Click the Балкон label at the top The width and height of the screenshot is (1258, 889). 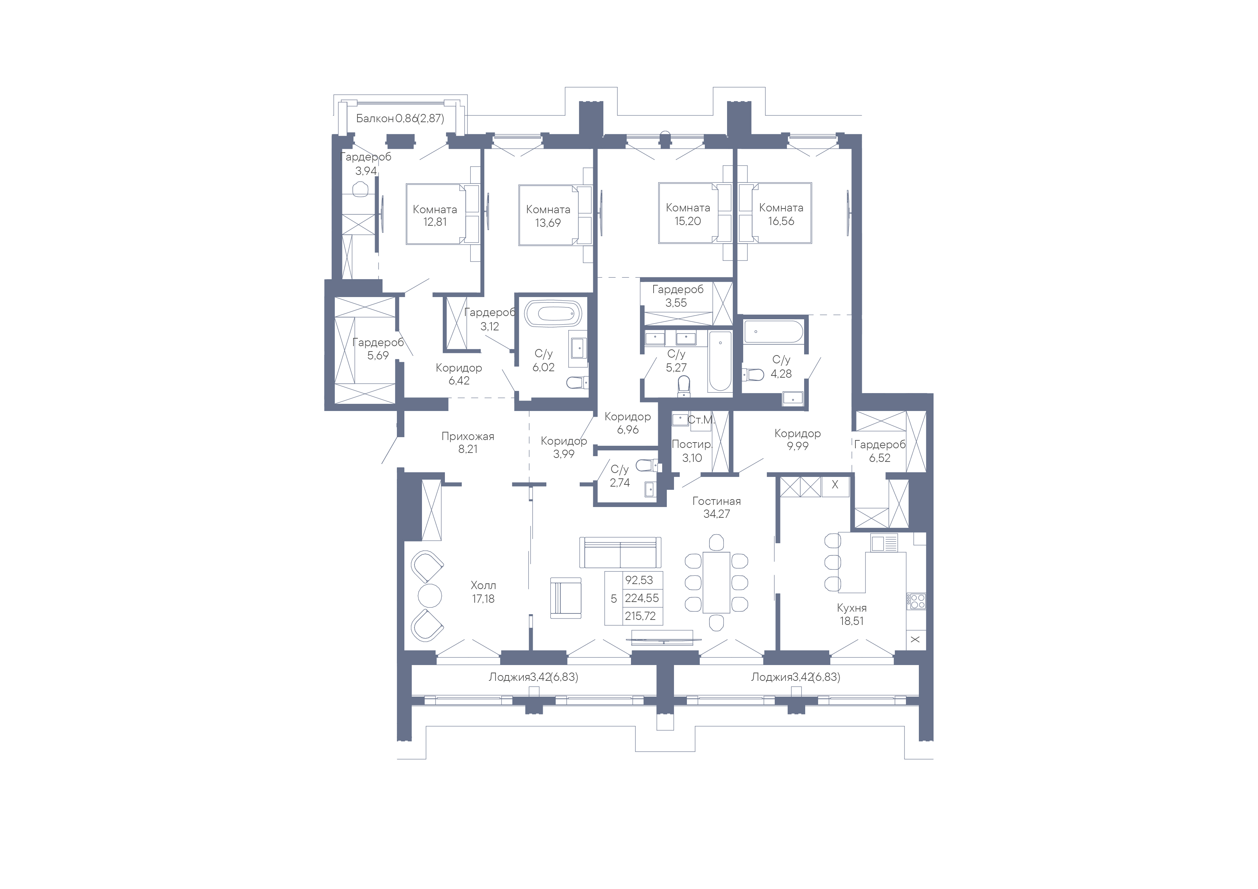[x=375, y=118]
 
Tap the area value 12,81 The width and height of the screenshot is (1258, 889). [x=435, y=222]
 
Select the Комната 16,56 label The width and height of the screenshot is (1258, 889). [x=781, y=214]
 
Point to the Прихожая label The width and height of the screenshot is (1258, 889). [x=468, y=436]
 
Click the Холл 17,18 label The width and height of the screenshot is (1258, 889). [x=483, y=592]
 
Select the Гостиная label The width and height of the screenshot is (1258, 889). [x=717, y=501]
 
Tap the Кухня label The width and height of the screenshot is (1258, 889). [x=851, y=608]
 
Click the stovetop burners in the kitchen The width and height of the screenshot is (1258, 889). [x=916, y=601]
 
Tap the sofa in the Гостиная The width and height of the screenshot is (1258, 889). [x=620, y=552]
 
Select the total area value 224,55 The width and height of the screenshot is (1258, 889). [x=642, y=598]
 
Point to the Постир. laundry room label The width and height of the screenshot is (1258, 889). [x=692, y=444]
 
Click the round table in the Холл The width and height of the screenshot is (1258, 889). [x=429, y=596]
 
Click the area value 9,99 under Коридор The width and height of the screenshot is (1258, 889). [x=798, y=446]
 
